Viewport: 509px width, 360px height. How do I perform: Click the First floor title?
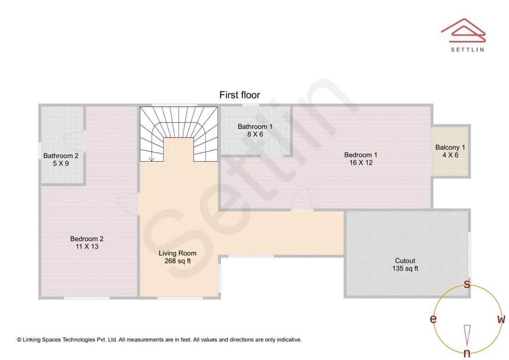[239, 95]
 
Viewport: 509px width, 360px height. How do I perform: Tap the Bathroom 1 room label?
[255, 131]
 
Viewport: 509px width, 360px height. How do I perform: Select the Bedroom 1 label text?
[361, 159]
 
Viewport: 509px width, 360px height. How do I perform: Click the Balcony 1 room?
[450, 151]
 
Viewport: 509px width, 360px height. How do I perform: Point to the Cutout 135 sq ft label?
[405, 264]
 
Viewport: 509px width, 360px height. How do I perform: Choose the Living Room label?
[178, 257]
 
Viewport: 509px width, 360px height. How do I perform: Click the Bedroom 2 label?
[87, 243]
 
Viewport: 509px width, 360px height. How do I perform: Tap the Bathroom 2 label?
[61, 159]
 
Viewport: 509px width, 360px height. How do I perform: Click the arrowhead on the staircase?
[151, 159]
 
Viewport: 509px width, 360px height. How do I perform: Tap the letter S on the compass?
[467, 284]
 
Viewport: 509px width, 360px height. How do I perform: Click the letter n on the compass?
[467, 352]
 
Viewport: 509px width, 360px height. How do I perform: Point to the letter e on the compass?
[433, 319]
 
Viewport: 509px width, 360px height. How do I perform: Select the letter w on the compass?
[501, 319]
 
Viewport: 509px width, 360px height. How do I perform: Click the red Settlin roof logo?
[463, 30]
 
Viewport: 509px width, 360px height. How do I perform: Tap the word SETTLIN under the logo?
[468, 49]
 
